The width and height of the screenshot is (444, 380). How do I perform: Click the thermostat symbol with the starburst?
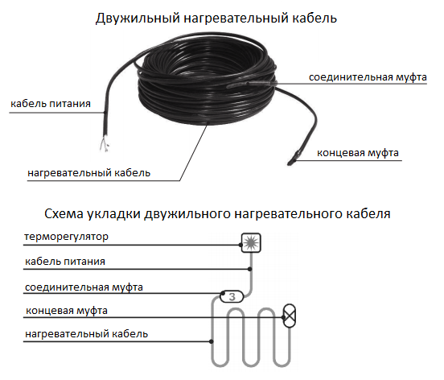(x=251, y=243)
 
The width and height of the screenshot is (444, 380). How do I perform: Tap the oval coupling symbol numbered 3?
(x=232, y=297)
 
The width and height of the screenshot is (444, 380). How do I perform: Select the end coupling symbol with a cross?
(x=290, y=316)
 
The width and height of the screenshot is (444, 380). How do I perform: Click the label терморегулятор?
(x=66, y=237)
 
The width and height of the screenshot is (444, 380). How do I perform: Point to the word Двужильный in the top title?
(x=138, y=19)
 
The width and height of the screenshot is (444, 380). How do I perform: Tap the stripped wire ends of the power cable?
(x=105, y=144)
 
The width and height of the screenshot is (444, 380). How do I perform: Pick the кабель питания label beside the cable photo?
(x=51, y=104)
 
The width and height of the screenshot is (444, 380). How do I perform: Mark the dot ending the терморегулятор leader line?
(x=240, y=245)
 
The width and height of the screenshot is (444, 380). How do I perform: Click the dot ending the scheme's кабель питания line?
(x=249, y=269)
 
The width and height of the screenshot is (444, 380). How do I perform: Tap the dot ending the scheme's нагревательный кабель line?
(x=212, y=341)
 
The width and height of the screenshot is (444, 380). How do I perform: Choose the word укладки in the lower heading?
(x=113, y=214)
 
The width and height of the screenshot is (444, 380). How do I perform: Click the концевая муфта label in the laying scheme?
(x=67, y=311)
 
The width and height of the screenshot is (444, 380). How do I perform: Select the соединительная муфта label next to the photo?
(x=368, y=77)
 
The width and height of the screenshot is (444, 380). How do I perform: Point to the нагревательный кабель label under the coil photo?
(x=89, y=173)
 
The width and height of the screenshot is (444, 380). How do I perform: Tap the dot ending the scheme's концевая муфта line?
(x=284, y=317)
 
